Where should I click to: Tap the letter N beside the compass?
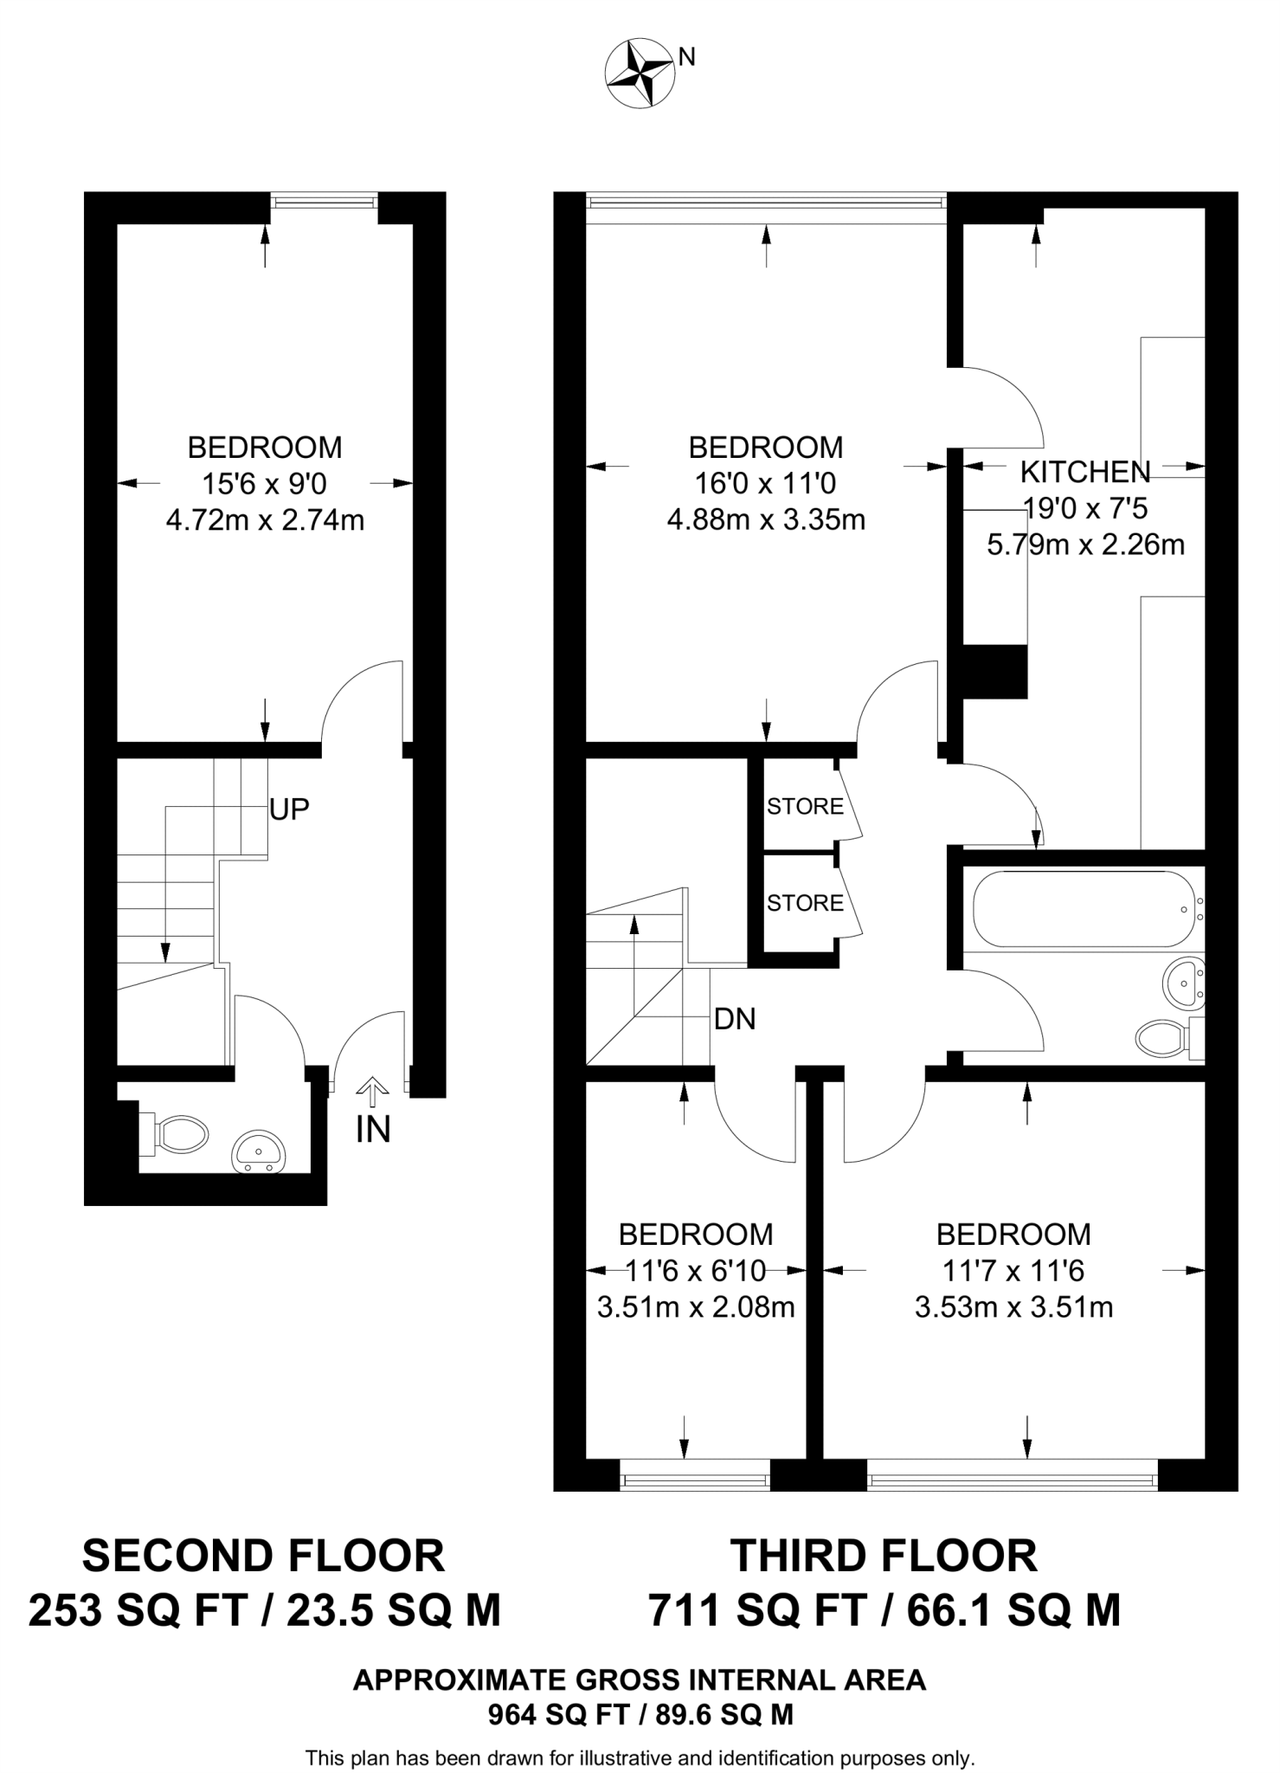687,57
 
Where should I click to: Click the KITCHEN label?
1084,472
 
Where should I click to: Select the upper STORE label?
804,807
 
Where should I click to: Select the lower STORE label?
804,903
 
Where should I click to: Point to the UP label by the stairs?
289,809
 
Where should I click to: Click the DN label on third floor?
735,1020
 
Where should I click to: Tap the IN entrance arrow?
373,1093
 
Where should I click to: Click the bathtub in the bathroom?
1083,909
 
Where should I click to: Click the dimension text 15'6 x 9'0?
264,483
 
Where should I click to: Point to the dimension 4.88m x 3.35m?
766,519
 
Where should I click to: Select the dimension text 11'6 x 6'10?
696,1271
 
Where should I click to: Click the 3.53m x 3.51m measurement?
1013,1306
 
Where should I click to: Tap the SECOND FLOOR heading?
263,1557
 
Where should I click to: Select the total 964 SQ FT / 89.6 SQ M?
640,1715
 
